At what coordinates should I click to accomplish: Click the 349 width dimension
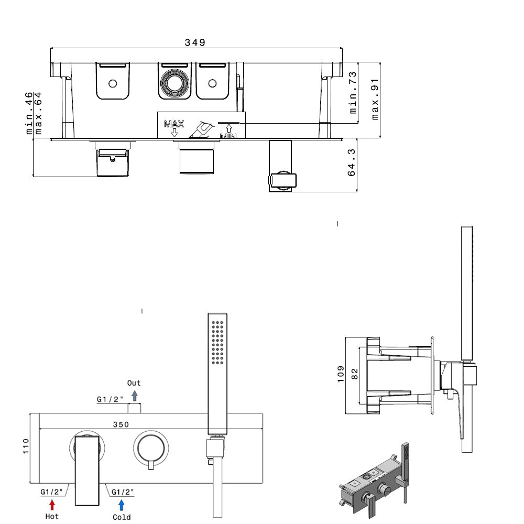pyautogui.click(x=195, y=42)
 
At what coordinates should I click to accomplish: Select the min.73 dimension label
pyautogui.click(x=353, y=93)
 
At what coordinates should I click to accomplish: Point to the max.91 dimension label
pyautogui.click(x=375, y=99)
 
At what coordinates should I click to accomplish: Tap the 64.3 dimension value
pyautogui.click(x=351, y=163)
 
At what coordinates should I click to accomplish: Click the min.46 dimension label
pyautogui.click(x=29, y=113)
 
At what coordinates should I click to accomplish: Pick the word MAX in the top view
pyautogui.click(x=174, y=124)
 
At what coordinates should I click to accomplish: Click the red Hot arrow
pyautogui.click(x=52, y=505)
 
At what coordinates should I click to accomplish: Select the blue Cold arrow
pyautogui.click(x=122, y=505)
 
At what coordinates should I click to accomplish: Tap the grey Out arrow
pyautogui.click(x=134, y=396)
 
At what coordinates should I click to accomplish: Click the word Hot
pyautogui.click(x=52, y=516)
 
